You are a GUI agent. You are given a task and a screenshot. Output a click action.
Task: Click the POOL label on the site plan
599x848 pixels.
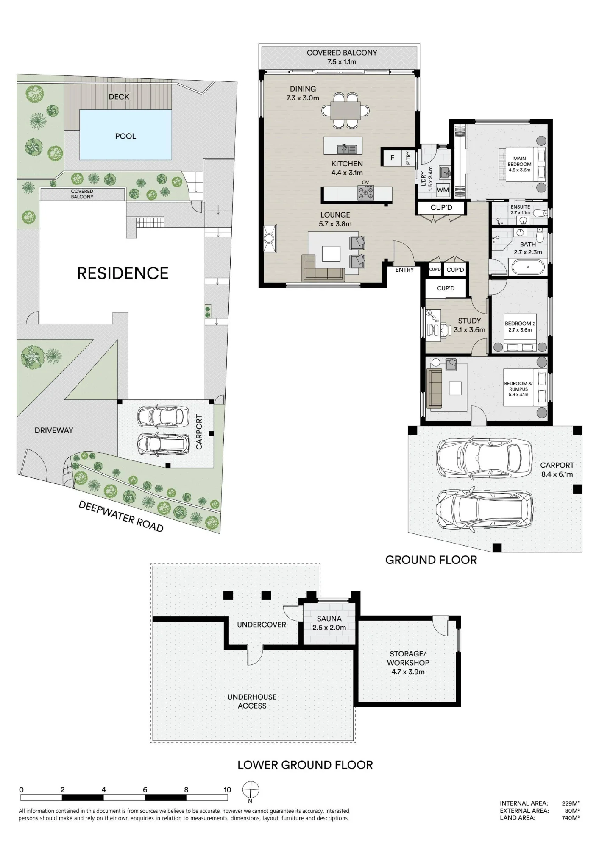(x=125, y=136)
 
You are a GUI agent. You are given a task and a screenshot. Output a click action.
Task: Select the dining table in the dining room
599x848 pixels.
(x=345, y=111)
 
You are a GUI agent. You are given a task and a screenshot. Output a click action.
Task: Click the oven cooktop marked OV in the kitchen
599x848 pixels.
(x=366, y=193)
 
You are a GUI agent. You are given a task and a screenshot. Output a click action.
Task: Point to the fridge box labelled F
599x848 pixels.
(x=393, y=158)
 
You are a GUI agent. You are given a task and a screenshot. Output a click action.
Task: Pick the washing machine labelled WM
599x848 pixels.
(x=443, y=190)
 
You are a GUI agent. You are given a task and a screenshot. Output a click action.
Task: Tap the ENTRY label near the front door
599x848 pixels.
(x=404, y=270)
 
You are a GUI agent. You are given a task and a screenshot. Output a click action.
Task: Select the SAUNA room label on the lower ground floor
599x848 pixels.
(x=329, y=619)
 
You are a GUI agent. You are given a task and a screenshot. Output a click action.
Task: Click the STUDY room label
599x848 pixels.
(x=469, y=321)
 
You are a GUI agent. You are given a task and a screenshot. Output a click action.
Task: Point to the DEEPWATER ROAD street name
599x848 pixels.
(x=121, y=516)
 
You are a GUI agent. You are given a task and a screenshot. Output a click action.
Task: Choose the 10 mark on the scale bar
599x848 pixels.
(x=227, y=789)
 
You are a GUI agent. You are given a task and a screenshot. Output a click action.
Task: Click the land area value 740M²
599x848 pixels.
(x=571, y=818)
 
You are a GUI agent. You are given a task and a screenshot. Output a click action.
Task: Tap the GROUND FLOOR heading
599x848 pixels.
(x=431, y=560)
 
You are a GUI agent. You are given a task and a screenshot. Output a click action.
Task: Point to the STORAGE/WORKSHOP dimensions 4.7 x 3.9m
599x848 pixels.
(x=408, y=672)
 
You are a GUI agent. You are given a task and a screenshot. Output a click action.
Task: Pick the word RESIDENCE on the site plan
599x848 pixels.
(x=123, y=273)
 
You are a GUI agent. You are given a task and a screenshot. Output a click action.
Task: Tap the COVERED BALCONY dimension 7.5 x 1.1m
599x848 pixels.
(x=342, y=62)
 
